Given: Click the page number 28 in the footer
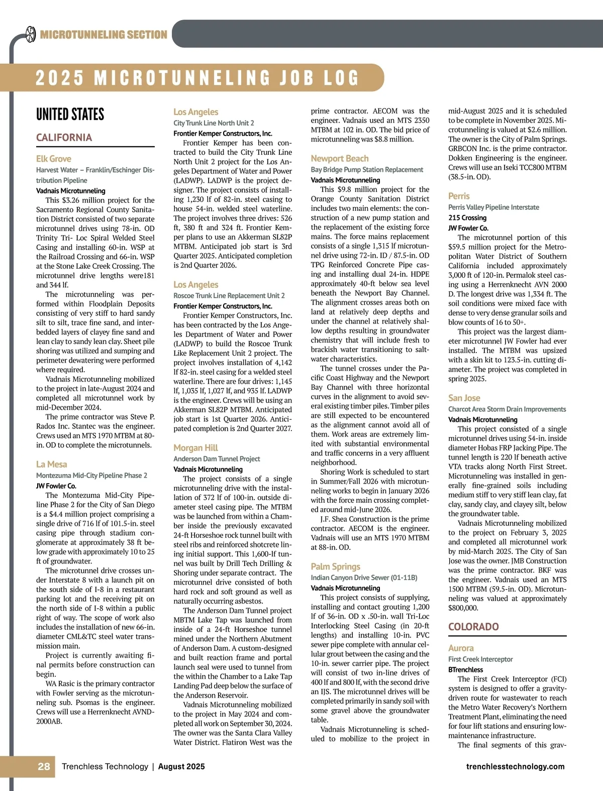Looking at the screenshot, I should pos(44,766).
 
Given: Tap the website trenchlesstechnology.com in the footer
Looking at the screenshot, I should pos(515,767).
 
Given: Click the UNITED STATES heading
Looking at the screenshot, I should pos(70,115).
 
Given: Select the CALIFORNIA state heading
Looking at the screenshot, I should pos(64,138).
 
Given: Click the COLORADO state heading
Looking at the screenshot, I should pos(473,627).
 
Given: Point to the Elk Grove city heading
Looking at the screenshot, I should pos(54,159).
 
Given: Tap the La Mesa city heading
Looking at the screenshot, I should pos(51,465).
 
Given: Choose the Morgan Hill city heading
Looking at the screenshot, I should pos(195,448).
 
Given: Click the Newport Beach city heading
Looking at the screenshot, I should pos(339,159).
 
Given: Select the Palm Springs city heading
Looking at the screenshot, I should pos(335,567).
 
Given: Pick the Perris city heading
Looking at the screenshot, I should pos(459,196).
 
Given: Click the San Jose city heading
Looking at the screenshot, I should pos(464,398).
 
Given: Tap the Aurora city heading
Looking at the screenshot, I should pos(461,648).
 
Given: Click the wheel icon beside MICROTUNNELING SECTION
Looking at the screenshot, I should pos(30,34).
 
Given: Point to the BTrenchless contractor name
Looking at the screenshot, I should pos(465,669).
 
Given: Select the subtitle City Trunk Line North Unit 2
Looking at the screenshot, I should pos(214,123).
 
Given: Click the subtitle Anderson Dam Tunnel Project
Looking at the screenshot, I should pos(217,459).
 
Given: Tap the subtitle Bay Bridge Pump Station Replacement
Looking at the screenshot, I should pos(367,170).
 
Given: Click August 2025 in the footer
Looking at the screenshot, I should pos(181,767).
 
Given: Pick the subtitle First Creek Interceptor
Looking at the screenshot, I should pos(480,659).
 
